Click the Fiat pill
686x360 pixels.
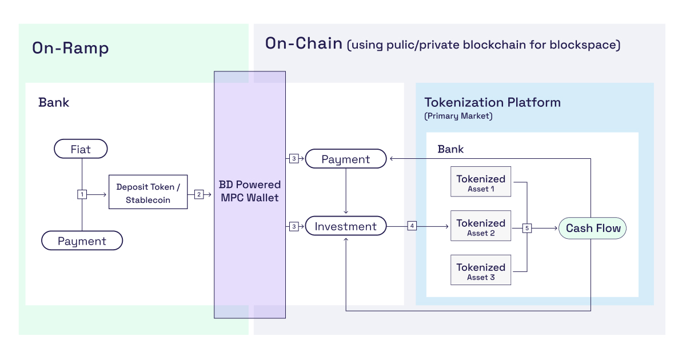81,149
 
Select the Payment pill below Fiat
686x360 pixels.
82,241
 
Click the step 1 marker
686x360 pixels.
82,194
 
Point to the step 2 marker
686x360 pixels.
199,194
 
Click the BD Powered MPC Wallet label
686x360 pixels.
250,191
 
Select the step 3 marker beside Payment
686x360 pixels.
294,159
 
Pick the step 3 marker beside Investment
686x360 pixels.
294,226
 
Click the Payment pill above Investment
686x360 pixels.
345,159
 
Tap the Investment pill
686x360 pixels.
345,226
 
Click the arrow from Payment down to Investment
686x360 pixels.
345,192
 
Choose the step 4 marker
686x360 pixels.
412,226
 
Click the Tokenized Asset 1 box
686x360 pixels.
481,182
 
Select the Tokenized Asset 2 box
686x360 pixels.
481,226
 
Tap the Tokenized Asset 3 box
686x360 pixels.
481,270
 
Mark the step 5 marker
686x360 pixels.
527,228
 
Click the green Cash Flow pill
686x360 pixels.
593,228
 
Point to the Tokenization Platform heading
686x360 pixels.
492,103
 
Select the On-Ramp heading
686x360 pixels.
70,48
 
